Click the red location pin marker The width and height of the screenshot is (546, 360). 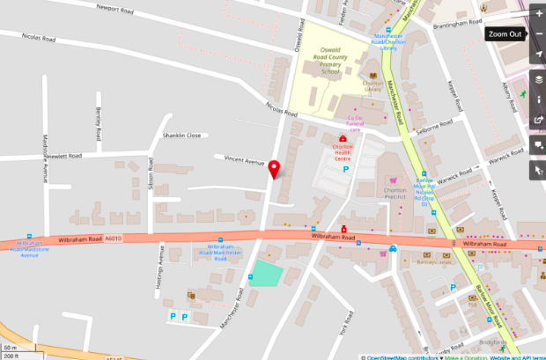tap(274, 170)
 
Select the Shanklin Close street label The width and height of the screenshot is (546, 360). tap(181, 136)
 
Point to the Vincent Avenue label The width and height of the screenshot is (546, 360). tap(244, 162)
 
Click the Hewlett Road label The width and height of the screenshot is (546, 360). tap(64, 156)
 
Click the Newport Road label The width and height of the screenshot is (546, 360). tap(121, 15)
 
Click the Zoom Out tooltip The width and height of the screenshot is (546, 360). tap(505, 34)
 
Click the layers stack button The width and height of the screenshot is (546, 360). tap(538, 78)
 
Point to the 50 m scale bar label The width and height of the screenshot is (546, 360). tap(10, 348)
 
